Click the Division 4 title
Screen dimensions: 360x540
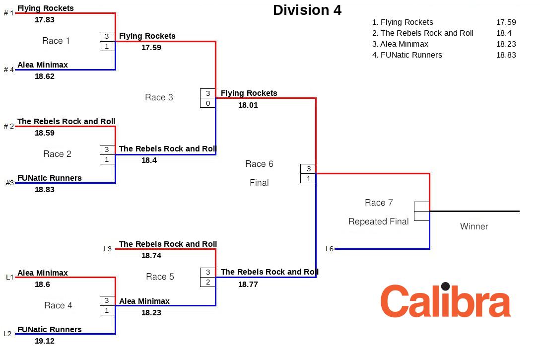tap(307, 10)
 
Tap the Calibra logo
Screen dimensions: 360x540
tap(445, 300)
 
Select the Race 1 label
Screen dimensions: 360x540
tap(56, 41)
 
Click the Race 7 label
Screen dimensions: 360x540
tap(379, 203)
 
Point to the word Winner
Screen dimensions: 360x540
tap(474, 226)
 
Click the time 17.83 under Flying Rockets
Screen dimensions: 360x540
tap(45, 20)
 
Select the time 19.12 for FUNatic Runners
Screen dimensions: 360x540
tap(45, 341)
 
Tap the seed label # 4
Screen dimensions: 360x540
tap(9, 70)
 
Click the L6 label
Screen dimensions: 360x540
tap(330, 249)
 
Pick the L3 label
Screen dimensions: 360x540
tap(108, 249)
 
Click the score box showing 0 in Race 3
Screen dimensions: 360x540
tap(208, 103)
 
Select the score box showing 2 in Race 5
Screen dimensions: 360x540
tap(208, 282)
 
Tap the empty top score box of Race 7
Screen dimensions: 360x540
tap(421, 207)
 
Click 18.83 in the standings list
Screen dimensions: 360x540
tap(506, 55)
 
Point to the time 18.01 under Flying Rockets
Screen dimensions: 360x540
tap(248, 105)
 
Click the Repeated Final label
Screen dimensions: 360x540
tap(379, 221)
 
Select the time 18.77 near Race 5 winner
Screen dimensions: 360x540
tap(248, 285)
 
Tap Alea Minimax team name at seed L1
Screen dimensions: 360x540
tap(43, 273)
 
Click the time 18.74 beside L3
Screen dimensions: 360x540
tap(151, 256)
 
